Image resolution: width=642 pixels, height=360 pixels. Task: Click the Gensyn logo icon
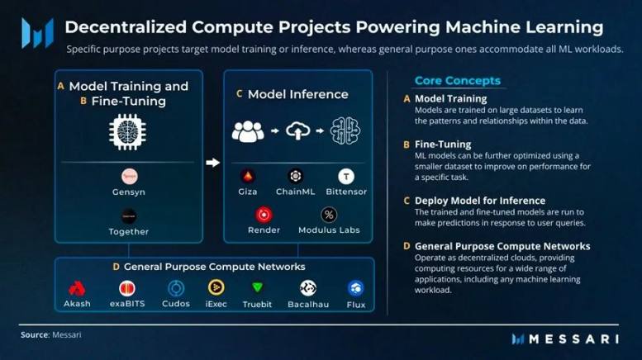pos(129,176)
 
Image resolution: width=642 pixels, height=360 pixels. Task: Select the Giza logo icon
pos(246,176)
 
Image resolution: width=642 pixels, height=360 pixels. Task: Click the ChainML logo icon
pos(295,176)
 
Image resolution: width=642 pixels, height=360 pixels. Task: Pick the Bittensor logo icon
pos(346,176)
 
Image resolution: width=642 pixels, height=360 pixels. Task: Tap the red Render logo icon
pos(264,215)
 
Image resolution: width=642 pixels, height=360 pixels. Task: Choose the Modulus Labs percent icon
pos(328,215)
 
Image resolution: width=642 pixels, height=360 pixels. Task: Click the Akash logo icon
pos(77,288)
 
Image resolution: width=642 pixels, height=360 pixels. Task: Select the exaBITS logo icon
pos(126,288)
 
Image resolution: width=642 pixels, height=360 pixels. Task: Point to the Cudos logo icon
pos(175,288)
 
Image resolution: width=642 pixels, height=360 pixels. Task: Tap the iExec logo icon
pos(216,288)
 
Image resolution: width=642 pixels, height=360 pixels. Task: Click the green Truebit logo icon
pos(257,288)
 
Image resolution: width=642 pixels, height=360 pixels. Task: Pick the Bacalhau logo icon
pos(307,288)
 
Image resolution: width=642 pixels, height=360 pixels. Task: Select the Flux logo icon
pos(355,288)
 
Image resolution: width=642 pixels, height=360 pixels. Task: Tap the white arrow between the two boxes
pos(212,163)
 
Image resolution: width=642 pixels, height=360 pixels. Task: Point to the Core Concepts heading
pos(457,81)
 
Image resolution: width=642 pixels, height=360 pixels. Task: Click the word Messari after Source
pos(67,335)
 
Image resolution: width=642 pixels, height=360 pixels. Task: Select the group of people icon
pos(248,130)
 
